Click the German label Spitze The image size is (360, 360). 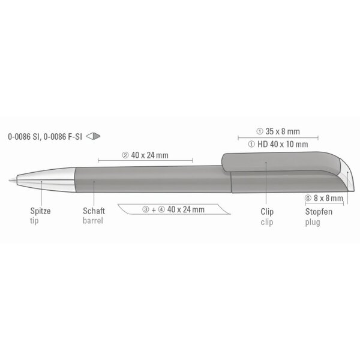[40, 211]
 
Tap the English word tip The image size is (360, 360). [34, 221]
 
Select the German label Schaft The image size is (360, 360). [94, 211]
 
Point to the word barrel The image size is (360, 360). [93, 221]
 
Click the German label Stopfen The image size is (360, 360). [319, 212]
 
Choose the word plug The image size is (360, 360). [313, 222]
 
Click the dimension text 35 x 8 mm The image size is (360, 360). [283, 131]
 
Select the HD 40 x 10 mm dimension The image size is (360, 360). [283, 144]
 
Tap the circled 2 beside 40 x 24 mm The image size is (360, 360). [125, 155]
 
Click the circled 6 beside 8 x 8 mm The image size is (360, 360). [308, 198]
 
